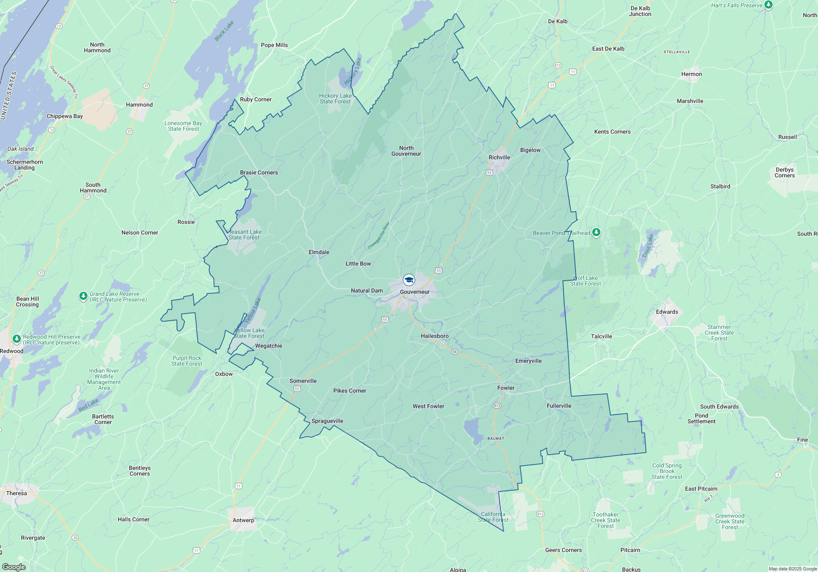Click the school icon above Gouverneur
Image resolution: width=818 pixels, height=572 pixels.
point(409,280)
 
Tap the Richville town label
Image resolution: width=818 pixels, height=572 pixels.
point(499,157)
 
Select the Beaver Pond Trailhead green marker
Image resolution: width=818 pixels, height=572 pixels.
point(596,232)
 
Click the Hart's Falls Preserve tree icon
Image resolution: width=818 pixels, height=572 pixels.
point(769,5)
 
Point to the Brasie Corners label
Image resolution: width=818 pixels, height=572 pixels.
point(259,172)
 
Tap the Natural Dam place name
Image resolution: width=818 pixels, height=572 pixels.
point(367,290)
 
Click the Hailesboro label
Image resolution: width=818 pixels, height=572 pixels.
point(435,336)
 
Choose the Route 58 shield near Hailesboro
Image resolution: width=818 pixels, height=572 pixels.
point(454,351)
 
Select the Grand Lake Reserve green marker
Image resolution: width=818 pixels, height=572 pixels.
point(83,295)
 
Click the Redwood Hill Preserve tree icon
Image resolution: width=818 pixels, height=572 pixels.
point(16,339)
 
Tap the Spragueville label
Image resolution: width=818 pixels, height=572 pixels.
point(327,421)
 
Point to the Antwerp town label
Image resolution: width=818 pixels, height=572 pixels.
point(243,520)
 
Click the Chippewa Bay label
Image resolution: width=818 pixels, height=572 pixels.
point(65,116)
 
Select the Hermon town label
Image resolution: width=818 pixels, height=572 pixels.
point(692,74)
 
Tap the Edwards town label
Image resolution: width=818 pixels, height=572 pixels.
point(667,312)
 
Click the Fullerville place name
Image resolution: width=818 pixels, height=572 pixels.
point(559,406)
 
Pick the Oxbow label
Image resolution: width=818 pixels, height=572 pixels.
point(224,374)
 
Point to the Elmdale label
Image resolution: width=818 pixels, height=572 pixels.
point(319,252)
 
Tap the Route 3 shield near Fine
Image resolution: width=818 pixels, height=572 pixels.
point(778,474)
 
